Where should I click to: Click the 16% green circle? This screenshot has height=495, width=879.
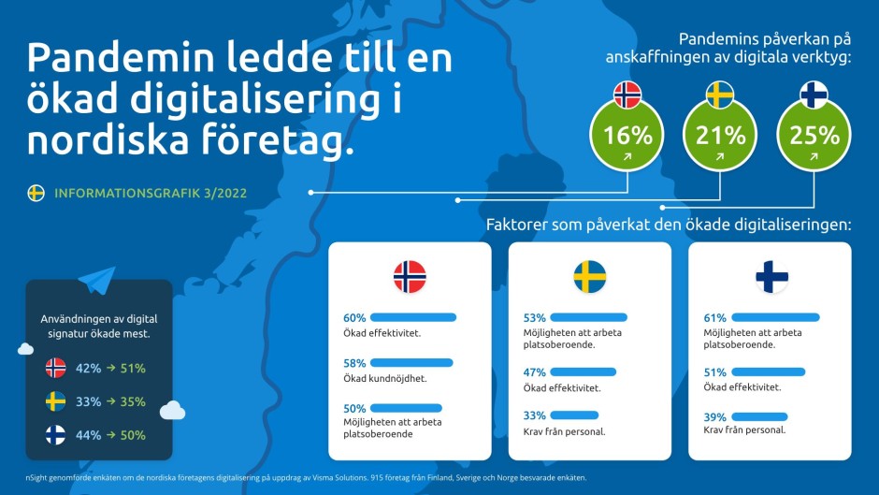click(x=627, y=137)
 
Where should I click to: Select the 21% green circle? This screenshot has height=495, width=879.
click(x=720, y=137)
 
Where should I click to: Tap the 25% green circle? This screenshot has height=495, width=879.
click(x=814, y=137)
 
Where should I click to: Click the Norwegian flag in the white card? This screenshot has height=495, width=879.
click(x=410, y=277)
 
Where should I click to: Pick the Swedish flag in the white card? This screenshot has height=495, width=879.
click(x=589, y=277)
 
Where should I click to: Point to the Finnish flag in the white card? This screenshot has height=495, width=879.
click(x=771, y=277)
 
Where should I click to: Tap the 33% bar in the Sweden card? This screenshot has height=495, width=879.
click(x=574, y=415)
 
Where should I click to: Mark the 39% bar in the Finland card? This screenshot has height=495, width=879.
click(x=758, y=415)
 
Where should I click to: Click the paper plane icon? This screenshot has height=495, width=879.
click(x=97, y=280)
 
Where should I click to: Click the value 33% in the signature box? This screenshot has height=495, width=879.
click(x=88, y=401)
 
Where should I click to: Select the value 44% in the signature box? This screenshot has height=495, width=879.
click(x=88, y=435)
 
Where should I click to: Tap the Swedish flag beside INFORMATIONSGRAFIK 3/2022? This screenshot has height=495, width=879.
click(x=36, y=193)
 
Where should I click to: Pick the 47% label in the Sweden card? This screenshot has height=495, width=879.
click(x=534, y=372)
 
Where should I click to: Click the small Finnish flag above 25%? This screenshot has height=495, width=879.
click(x=814, y=95)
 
